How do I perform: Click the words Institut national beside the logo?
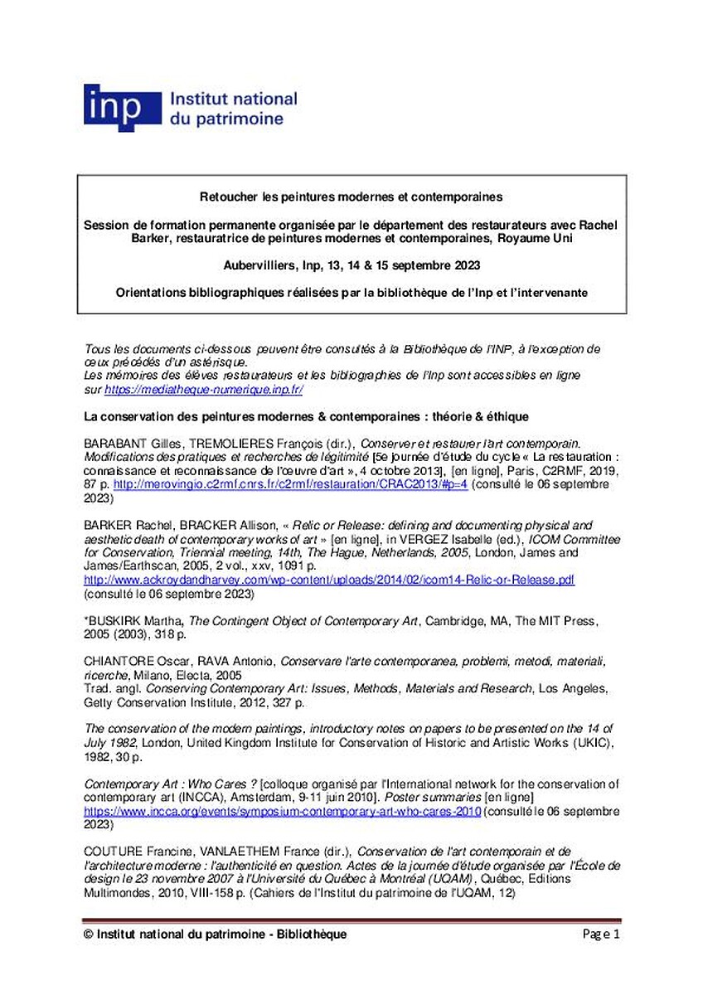[x=233, y=99]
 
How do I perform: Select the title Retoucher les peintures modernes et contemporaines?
[x=351, y=197]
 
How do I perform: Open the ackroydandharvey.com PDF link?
[x=329, y=580]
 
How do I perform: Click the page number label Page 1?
[x=600, y=934]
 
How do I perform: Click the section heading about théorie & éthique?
[x=307, y=415]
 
